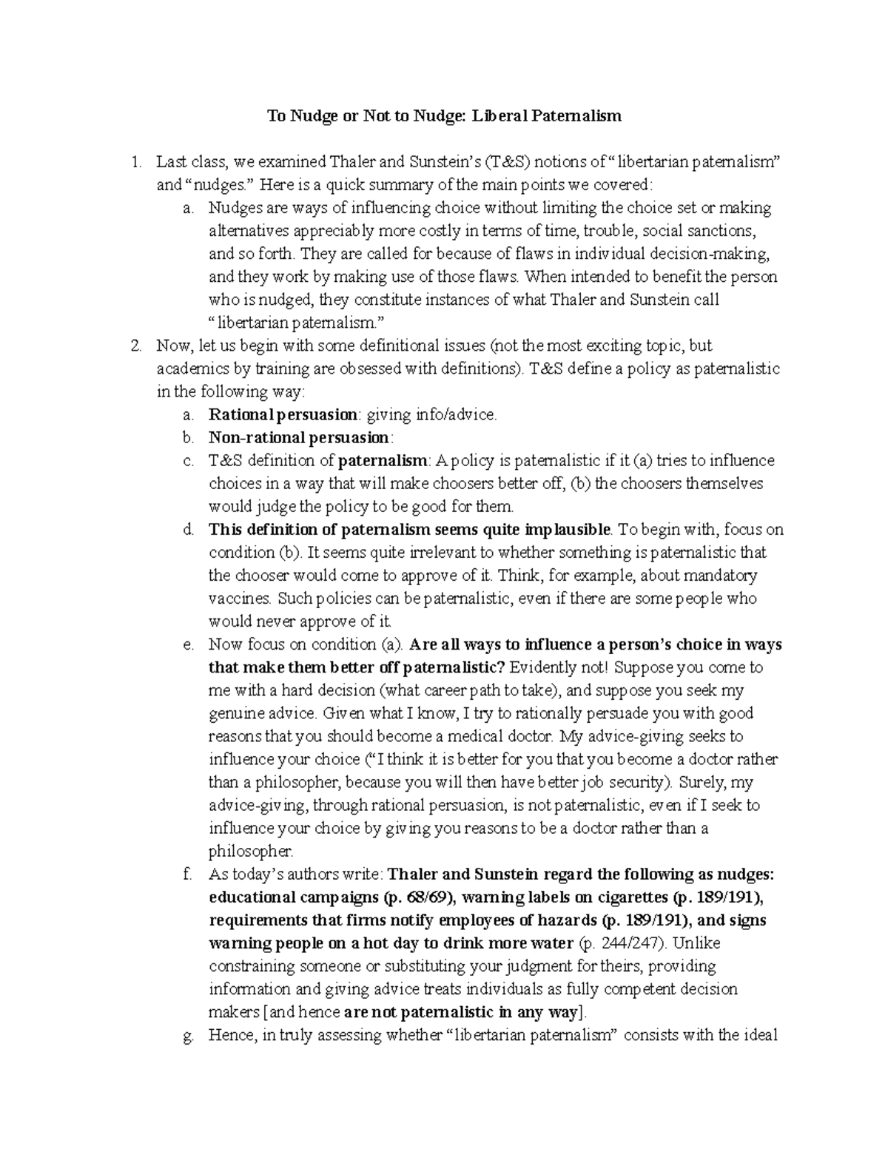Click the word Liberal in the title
[x=501, y=115]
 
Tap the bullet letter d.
[x=188, y=530]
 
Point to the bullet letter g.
[x=188, y=1035]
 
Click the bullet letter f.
[x=188, y=875]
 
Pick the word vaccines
[x=240, y=599]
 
